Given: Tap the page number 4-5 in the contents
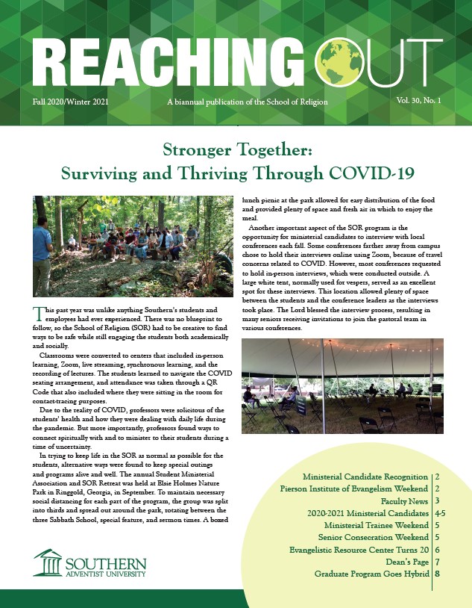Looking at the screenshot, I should (440, 515).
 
